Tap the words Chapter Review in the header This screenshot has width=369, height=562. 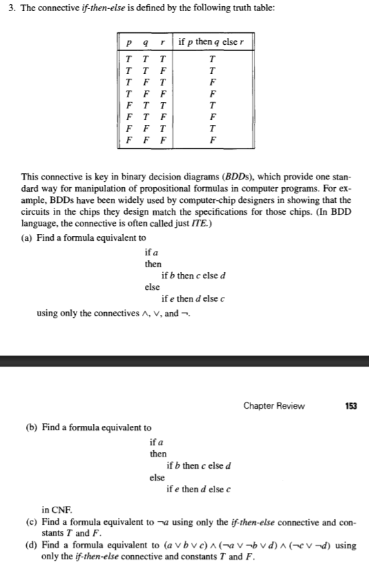[x=274, y=405]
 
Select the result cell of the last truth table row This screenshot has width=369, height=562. [x=216, y=138]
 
